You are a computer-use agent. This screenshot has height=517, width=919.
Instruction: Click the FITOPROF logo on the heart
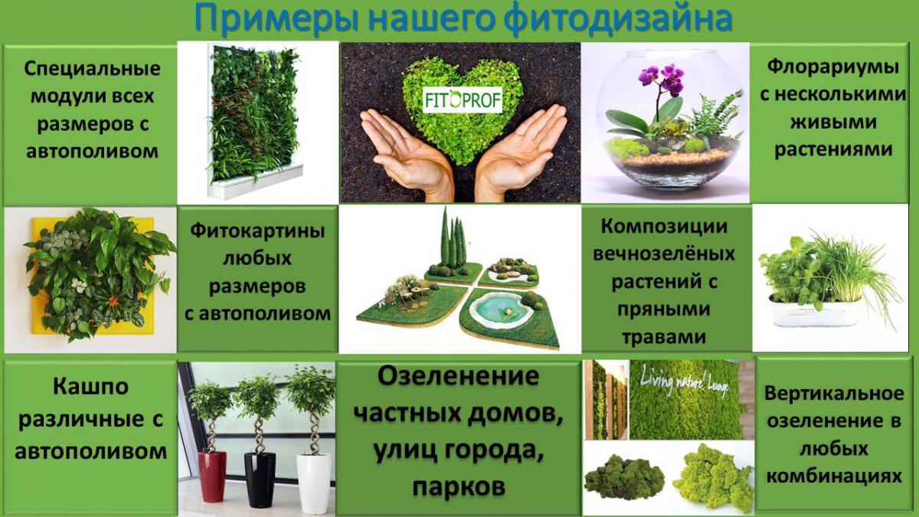(x=463, y=100)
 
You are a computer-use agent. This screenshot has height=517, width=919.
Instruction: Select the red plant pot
(x=212, y=476)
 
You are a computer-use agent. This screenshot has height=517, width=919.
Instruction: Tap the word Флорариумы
(x=833, y=67)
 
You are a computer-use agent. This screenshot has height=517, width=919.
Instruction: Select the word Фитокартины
(x=257, y=231)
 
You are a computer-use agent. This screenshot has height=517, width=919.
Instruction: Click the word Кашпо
(x=90, y=387)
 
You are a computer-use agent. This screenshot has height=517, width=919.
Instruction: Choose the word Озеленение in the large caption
(x=458, y=376)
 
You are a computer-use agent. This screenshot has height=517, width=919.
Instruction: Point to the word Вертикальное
(x=834, y=394)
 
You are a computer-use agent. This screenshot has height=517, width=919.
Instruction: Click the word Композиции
(x=664, y=226)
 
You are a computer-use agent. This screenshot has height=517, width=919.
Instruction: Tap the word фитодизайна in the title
(x=617, y=18)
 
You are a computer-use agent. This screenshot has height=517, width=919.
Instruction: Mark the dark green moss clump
(x=624, y=478)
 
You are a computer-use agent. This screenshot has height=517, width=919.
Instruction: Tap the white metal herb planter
(x=814, y=311)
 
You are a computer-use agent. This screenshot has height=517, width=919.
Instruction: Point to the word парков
(x=459, y=487)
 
